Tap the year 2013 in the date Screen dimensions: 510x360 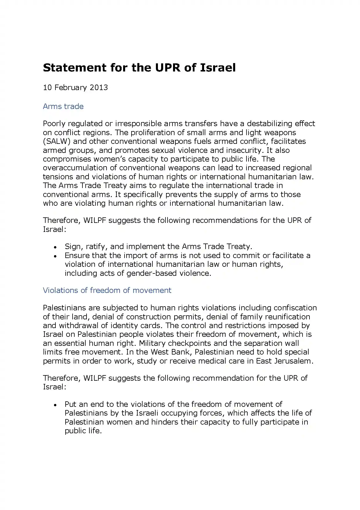[x=99, y=87]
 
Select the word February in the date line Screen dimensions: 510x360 [x=71, y=87]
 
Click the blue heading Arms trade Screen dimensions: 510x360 [x=63, y=106]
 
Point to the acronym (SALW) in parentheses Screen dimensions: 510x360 [x=57, y=141]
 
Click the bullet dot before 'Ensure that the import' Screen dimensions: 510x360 [x=55, y=256]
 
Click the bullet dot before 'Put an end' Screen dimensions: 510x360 [x=55, y=405]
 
